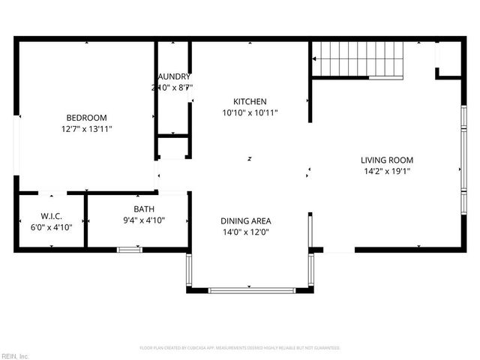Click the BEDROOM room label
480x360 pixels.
coord(86,118)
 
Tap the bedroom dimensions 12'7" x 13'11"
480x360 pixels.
coord(86,129)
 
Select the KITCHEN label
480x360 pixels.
coord(250,101)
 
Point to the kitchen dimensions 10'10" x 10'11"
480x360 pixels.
coord(250,113)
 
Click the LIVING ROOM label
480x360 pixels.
coord(386,160)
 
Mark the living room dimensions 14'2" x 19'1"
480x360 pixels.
coord(386,171)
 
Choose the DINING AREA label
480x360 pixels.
coord(245,220)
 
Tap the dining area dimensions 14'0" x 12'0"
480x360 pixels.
coord(245,232)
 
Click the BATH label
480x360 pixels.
coord(144,209)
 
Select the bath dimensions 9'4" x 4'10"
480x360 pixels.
coord(144,220)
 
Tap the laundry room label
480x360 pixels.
coord(173,76)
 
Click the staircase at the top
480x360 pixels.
coord(358,59)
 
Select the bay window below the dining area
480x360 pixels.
coord(248,289)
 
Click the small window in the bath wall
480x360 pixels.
coord(129,249)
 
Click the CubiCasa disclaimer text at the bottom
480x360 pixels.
coord(240,348)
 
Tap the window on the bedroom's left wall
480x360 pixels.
coord(17,145)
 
